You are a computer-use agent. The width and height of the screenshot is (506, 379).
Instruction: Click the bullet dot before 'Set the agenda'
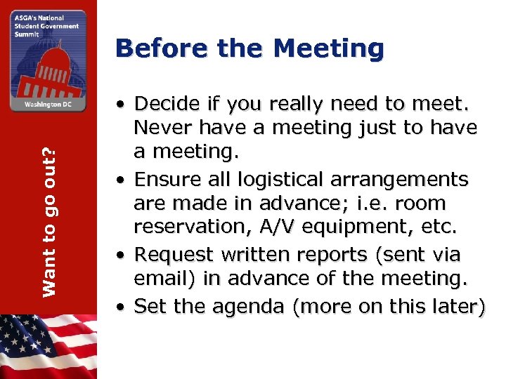(122, 307)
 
